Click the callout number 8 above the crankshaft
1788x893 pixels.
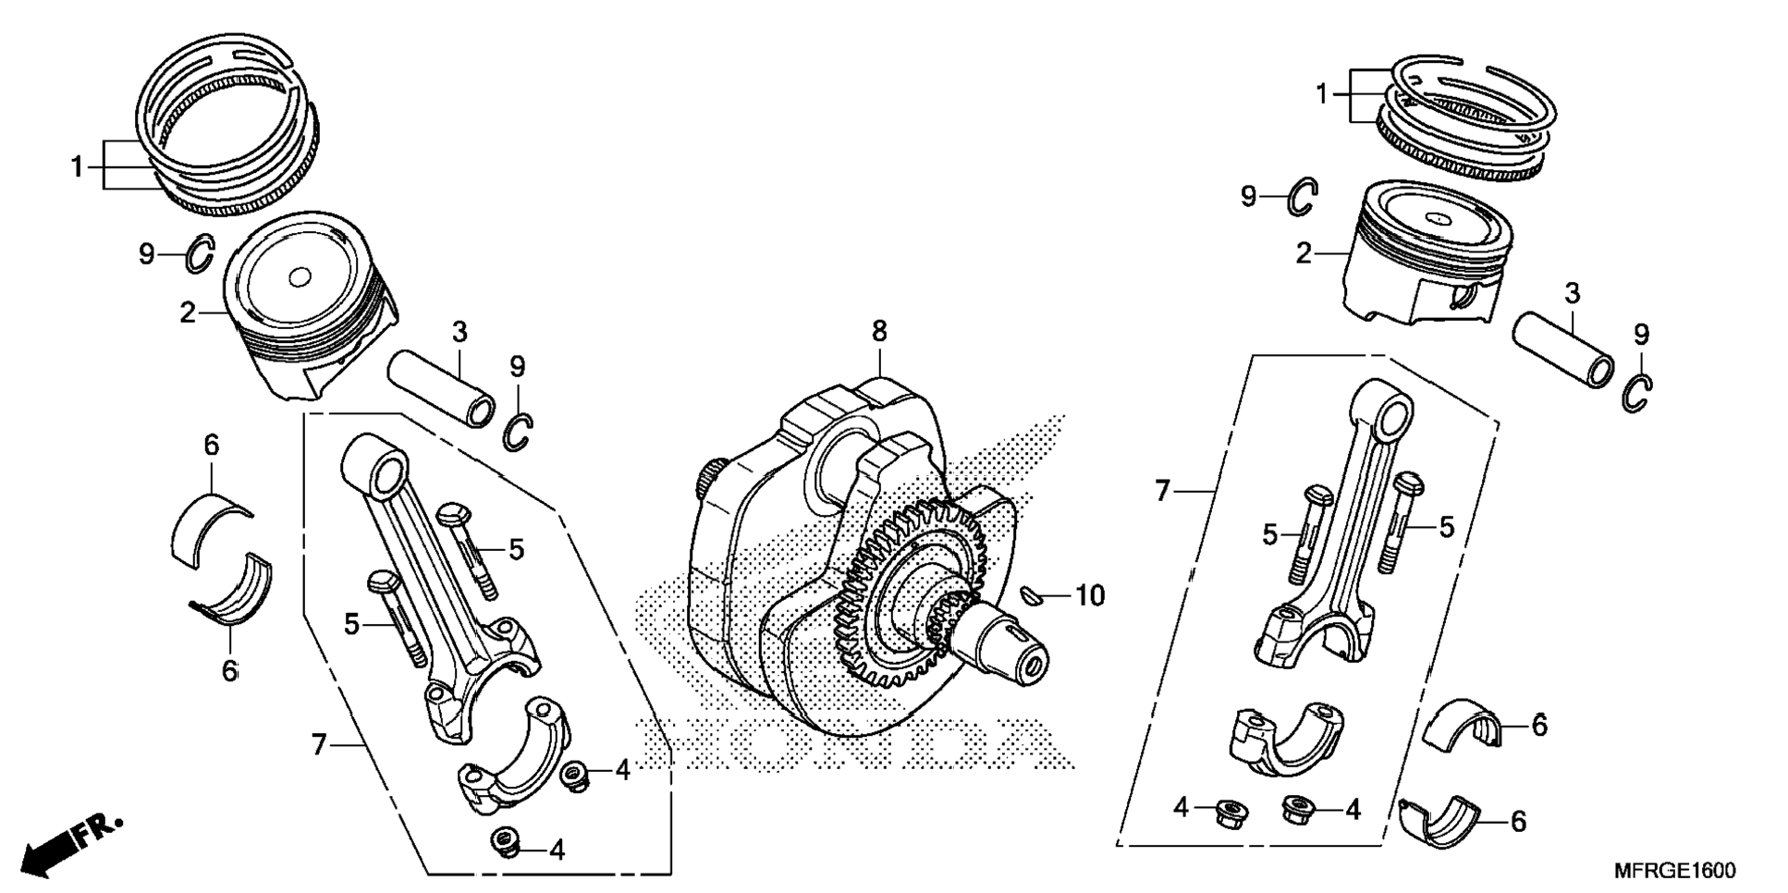[878, 331]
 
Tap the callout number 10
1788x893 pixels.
[1090, 596]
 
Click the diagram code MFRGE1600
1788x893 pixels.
[1674, 871]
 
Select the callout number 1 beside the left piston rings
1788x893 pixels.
[78, 167]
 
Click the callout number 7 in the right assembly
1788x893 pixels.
[1162, 491]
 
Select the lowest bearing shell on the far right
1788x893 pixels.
[1442, 819]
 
